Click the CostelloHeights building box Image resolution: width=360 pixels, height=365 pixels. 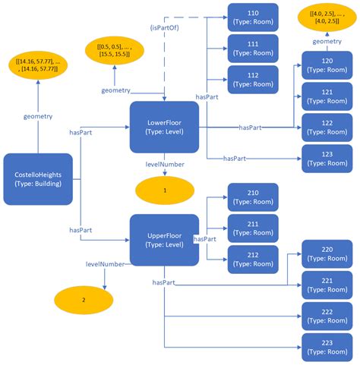[38, 179]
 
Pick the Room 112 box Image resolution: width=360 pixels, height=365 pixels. [253, 80]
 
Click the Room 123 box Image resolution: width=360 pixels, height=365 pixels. [327, 158]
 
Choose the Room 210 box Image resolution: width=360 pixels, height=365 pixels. [253, 198]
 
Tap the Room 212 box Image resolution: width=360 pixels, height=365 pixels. [253, 260]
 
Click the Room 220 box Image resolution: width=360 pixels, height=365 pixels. [327, 253]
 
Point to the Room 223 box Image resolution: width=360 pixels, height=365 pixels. [327, 347]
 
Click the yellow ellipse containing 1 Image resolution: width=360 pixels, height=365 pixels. [163, 190]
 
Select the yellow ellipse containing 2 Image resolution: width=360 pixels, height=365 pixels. [84, 300]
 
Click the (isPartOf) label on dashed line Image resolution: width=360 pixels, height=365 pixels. [163, 28]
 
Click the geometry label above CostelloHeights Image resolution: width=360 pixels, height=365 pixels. [38, 117]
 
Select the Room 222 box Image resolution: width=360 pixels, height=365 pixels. [327, 316]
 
